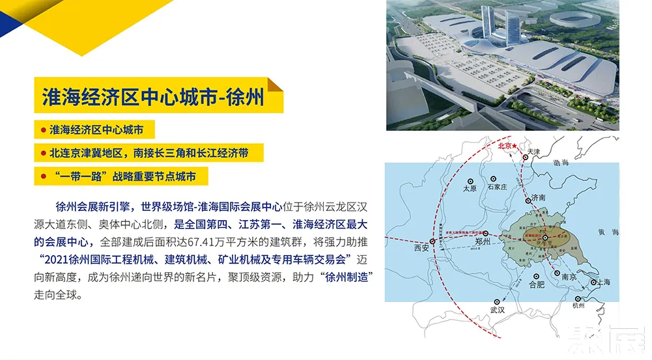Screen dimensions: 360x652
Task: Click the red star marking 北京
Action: pyautogui.click(x=515, y=147)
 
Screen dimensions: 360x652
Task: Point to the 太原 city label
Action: pyautogui.click(x=470, y=188)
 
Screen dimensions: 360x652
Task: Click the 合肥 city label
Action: pyautogui.click(x=536, y=284)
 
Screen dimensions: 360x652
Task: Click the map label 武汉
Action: pyautogui.click(x=497, y=310)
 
